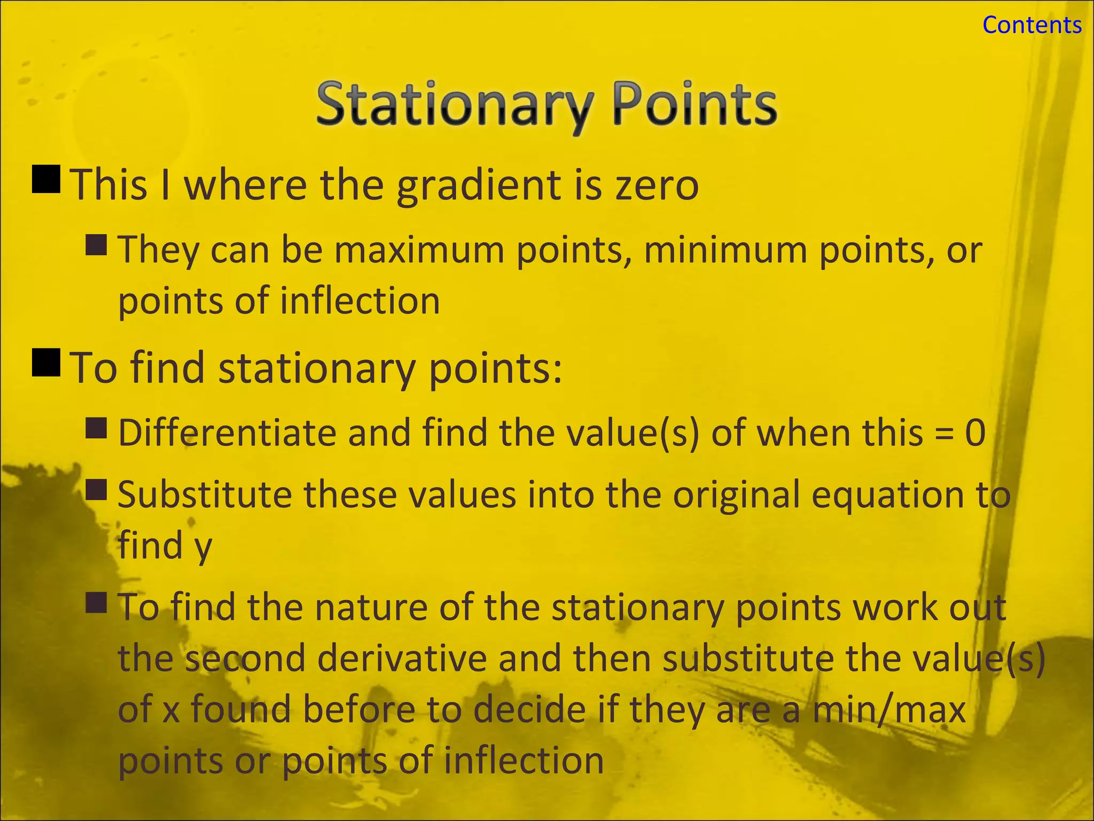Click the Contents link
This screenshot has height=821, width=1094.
click(x=1032, y=25)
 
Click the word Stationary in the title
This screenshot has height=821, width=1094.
click(x=455, y=105)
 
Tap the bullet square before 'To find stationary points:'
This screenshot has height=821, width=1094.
click(x=46, y=362)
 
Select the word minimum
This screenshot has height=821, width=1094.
click(x=725, y=250)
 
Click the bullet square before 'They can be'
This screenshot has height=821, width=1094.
click(x=96, y=245)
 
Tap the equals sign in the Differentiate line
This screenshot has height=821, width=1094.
click(x=944, y=433)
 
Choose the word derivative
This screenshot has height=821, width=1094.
click(x=402, y=659)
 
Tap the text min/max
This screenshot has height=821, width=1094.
click(x=889, y=710)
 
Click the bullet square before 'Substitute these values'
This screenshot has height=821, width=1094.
click(x=96, y=489)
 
